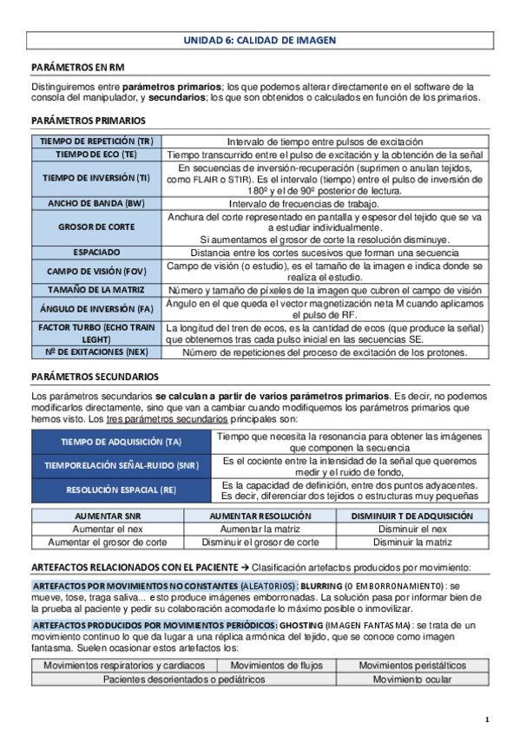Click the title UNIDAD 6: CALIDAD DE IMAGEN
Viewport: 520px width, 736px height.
(260, 40)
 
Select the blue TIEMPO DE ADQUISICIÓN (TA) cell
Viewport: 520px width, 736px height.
(121, 442)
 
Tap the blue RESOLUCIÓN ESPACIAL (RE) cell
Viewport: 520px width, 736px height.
(121, 490)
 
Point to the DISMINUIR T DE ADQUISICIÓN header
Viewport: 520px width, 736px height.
(411, 516)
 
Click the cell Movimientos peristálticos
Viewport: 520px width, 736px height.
(411, 666)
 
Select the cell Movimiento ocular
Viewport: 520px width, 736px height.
(411, 680)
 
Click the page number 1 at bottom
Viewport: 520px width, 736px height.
(487, 720)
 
